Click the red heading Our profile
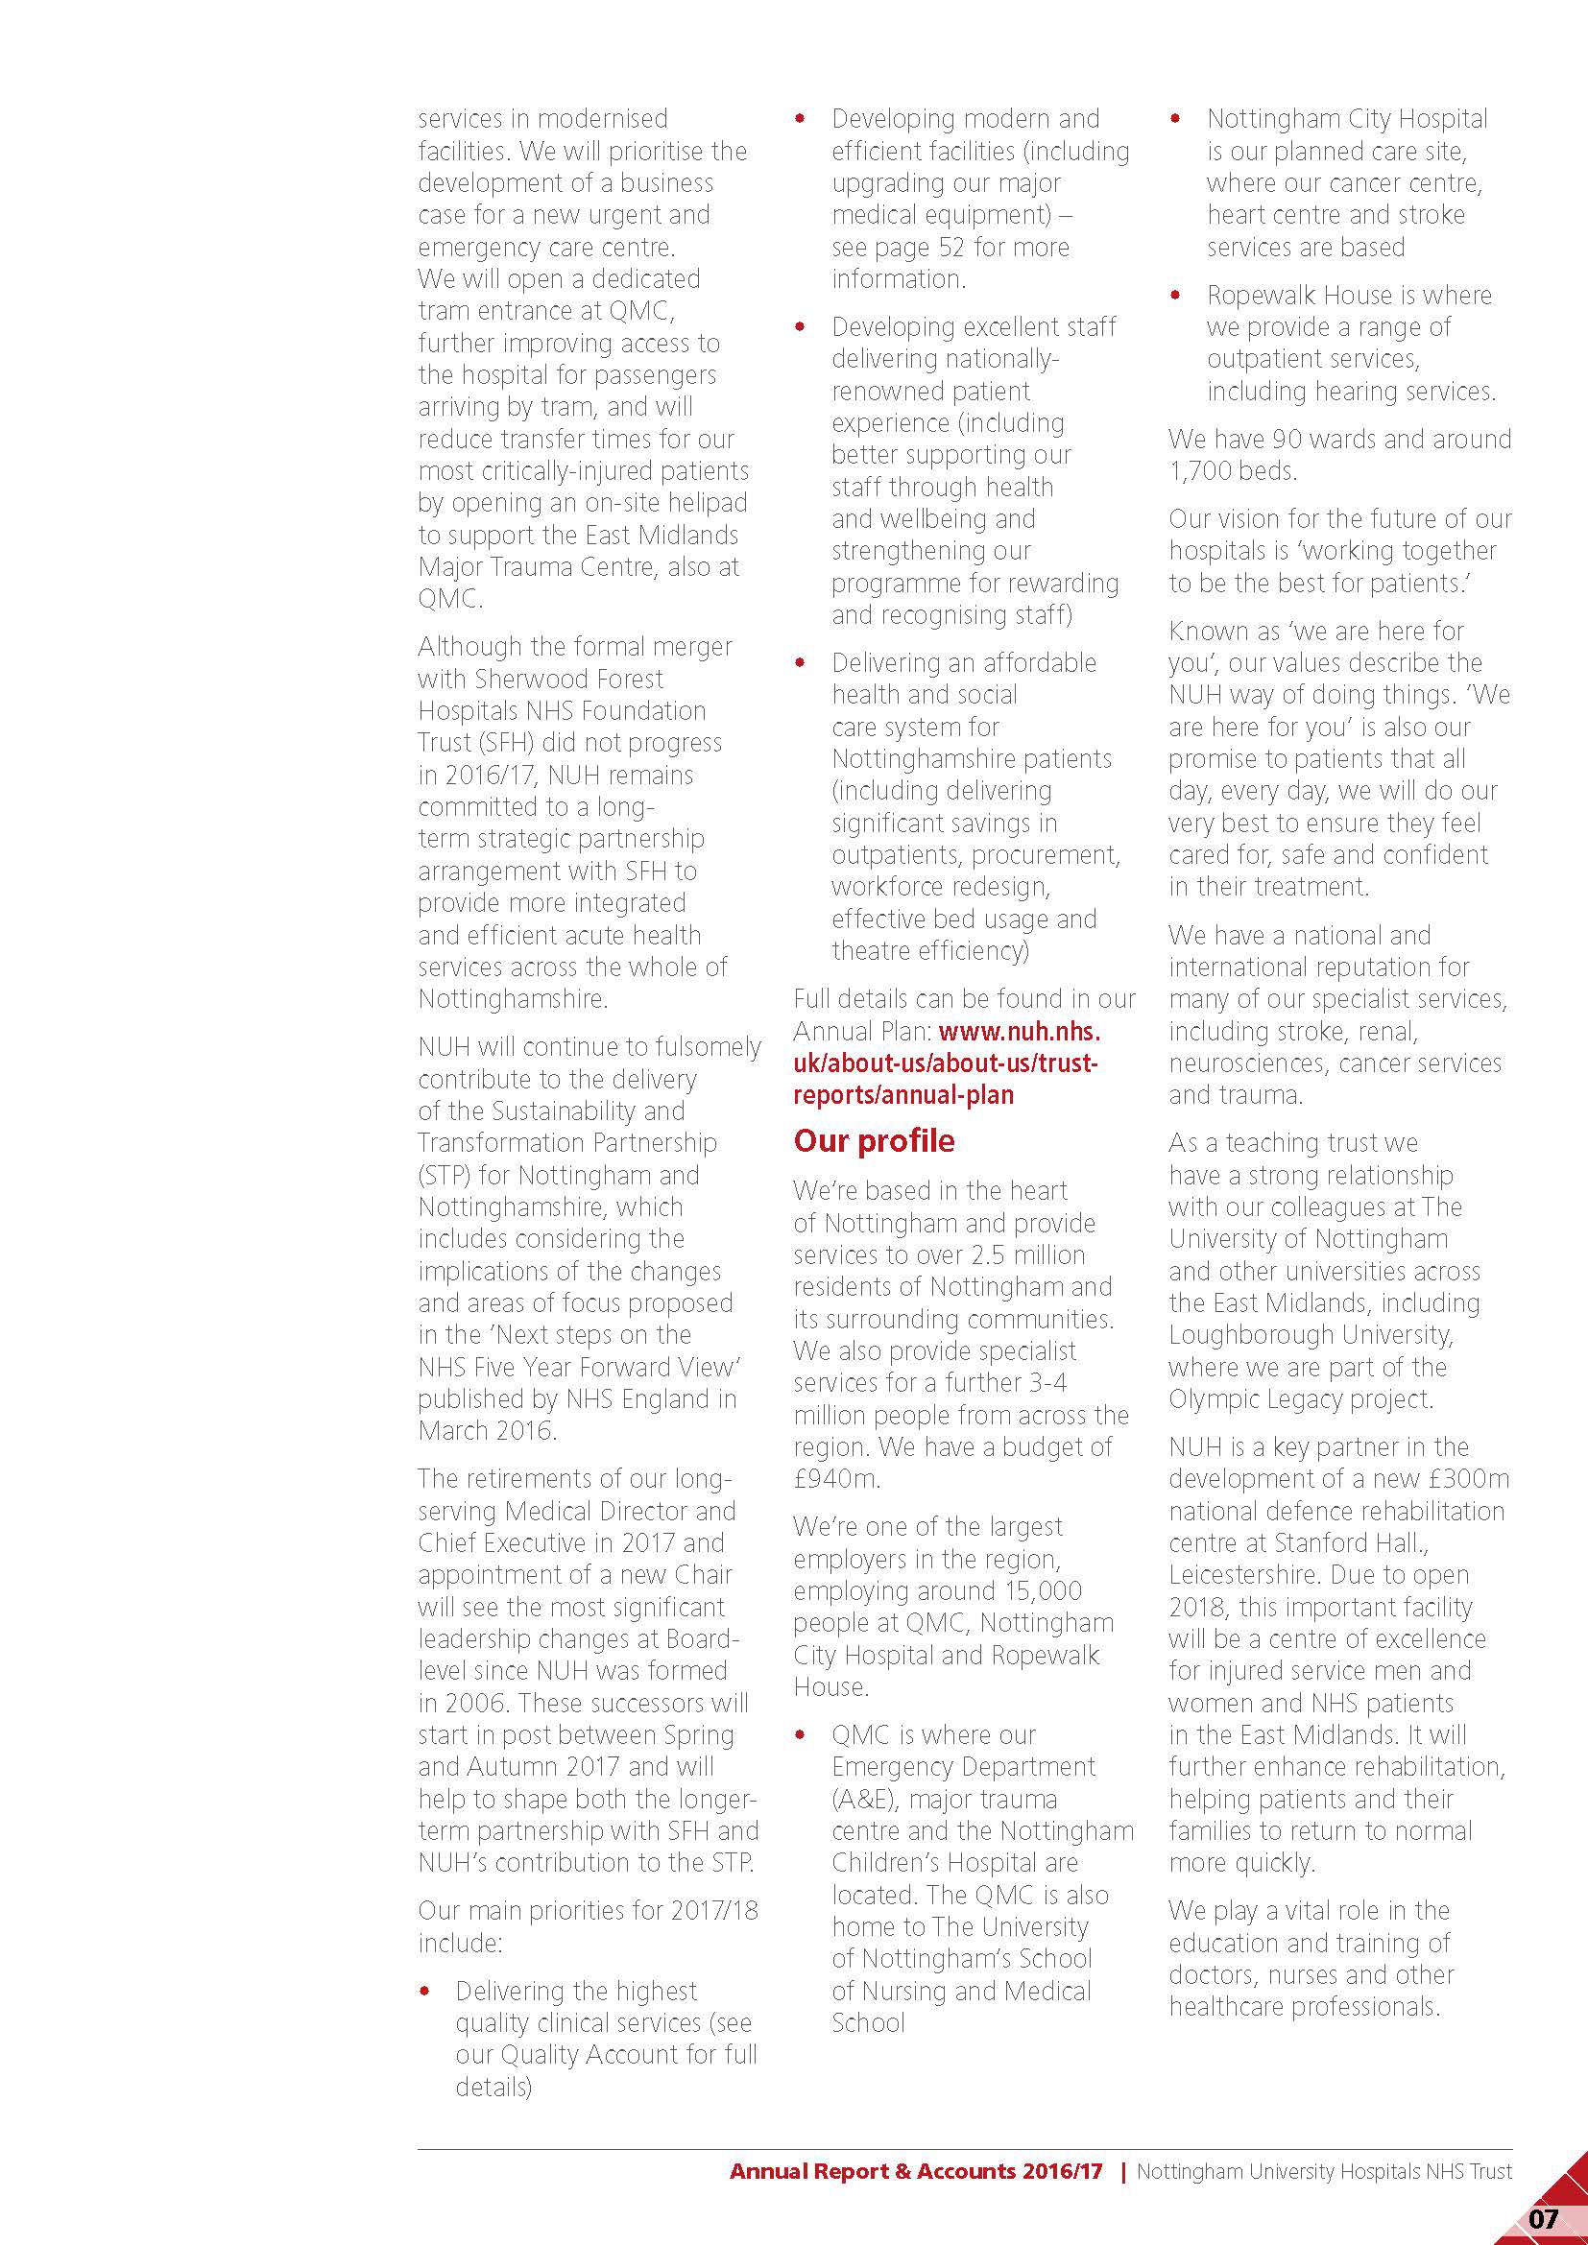click(873, 1140)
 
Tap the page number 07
click(1542, 2217)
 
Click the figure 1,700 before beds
click(1198, 471)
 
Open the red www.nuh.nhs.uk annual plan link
click(946, 1063)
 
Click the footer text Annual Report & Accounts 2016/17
click(915, 2172)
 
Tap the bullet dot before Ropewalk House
click(1176, 296)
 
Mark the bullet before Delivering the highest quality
click(424, 1992)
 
